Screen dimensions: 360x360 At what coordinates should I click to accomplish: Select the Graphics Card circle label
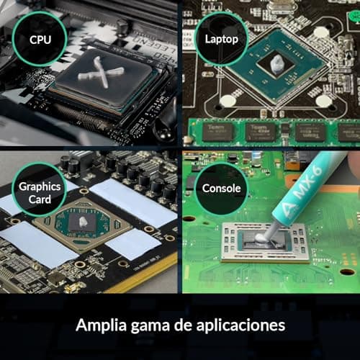pyautogui.click(x=40, y=192)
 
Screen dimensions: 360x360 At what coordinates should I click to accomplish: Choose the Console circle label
pyautogui.click(x=221, y=189)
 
